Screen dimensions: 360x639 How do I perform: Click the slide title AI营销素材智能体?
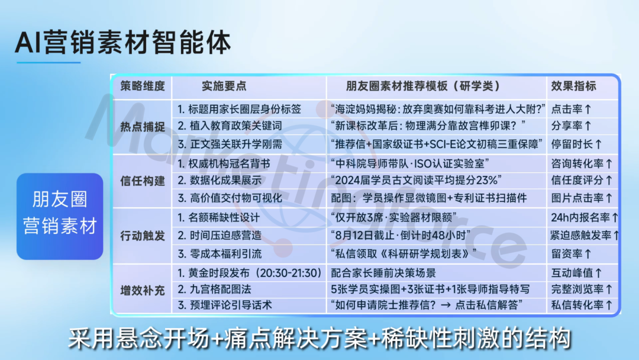point(122,43)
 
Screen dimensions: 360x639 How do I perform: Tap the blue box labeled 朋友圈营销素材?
point(60,217)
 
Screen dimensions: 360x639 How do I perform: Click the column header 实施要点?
point(224,86)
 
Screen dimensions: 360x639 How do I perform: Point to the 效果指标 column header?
point(573,86)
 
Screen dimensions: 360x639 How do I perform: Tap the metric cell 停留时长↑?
point(576,144)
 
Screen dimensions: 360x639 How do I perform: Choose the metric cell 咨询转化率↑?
point(582,163)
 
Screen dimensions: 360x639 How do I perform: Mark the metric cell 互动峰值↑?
point(576,273)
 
